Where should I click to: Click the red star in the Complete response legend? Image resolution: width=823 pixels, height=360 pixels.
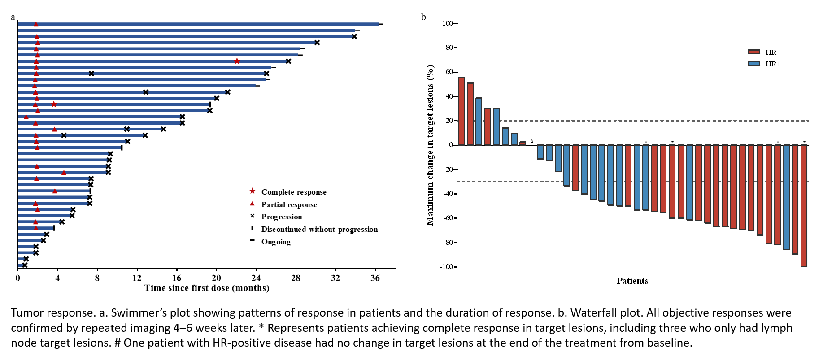253,191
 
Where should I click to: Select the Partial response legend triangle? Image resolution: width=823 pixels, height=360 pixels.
252,204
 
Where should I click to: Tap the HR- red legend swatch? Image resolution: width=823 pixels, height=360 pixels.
754,52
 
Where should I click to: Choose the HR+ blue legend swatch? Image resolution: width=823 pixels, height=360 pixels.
754,64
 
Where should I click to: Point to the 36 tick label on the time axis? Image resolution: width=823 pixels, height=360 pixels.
375,278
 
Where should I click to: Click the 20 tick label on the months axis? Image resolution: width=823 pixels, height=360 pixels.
216,278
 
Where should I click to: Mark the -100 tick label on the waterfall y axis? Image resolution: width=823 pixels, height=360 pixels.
447,267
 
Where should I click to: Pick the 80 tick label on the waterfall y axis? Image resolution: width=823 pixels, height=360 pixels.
449,48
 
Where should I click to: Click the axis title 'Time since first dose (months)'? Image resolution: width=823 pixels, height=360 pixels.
207,288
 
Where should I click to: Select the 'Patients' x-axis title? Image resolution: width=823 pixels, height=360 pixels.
632,281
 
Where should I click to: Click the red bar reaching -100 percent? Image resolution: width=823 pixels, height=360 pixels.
804,206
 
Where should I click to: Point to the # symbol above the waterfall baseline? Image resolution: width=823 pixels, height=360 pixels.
532,142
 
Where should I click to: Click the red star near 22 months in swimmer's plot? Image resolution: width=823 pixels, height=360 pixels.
237,61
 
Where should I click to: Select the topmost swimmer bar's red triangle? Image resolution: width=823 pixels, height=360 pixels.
36,24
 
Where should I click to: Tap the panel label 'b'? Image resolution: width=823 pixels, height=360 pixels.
423,17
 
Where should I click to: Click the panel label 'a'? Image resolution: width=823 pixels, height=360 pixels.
13,17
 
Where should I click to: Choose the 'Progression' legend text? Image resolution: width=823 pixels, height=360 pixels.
282,217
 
